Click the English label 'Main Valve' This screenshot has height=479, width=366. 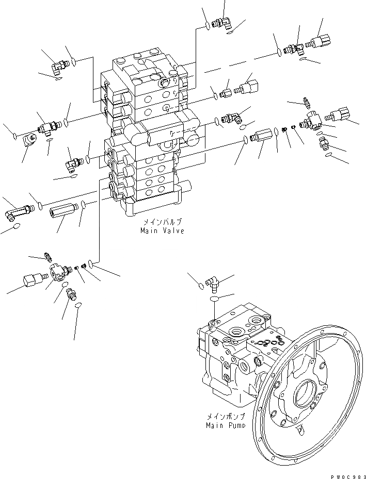(x=162, y=231)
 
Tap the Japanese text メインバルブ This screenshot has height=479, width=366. (x=162, y=223)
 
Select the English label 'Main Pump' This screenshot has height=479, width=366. (x=225, y=425)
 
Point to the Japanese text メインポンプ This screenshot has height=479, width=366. (x=225, y=418)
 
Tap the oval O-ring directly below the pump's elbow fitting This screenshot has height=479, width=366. (x=214, y=299)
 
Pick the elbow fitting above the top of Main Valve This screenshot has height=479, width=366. (x=223, y=22)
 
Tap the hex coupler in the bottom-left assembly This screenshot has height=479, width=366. (x=32, y=282)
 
